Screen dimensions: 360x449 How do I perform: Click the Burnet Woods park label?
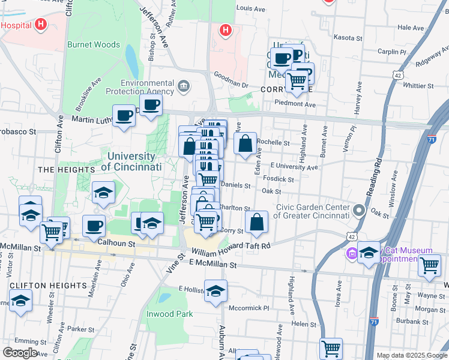(x=94, y=44)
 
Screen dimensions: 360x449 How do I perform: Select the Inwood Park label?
(x=170, y=314)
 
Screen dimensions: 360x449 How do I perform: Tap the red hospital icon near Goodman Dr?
(x=225, y=29)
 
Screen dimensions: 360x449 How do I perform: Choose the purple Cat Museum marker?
(x=351, y=254)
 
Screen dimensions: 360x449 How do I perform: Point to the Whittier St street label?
(x=422, y=86)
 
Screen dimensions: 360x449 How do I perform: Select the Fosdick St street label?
(x=282, y=179)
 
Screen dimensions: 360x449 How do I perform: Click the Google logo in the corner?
(x=20, y=352)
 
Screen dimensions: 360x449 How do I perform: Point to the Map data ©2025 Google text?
(x=412, y=355)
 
